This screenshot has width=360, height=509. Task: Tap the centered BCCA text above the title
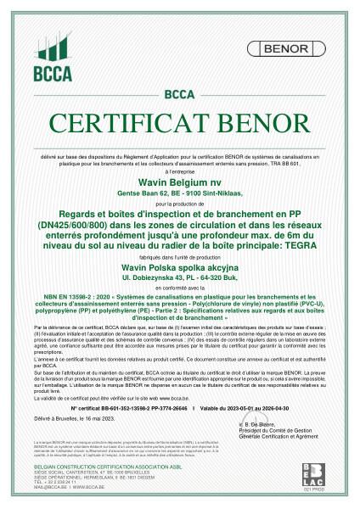coord(179,93)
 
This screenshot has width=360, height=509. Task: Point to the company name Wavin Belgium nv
coord(179,182)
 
